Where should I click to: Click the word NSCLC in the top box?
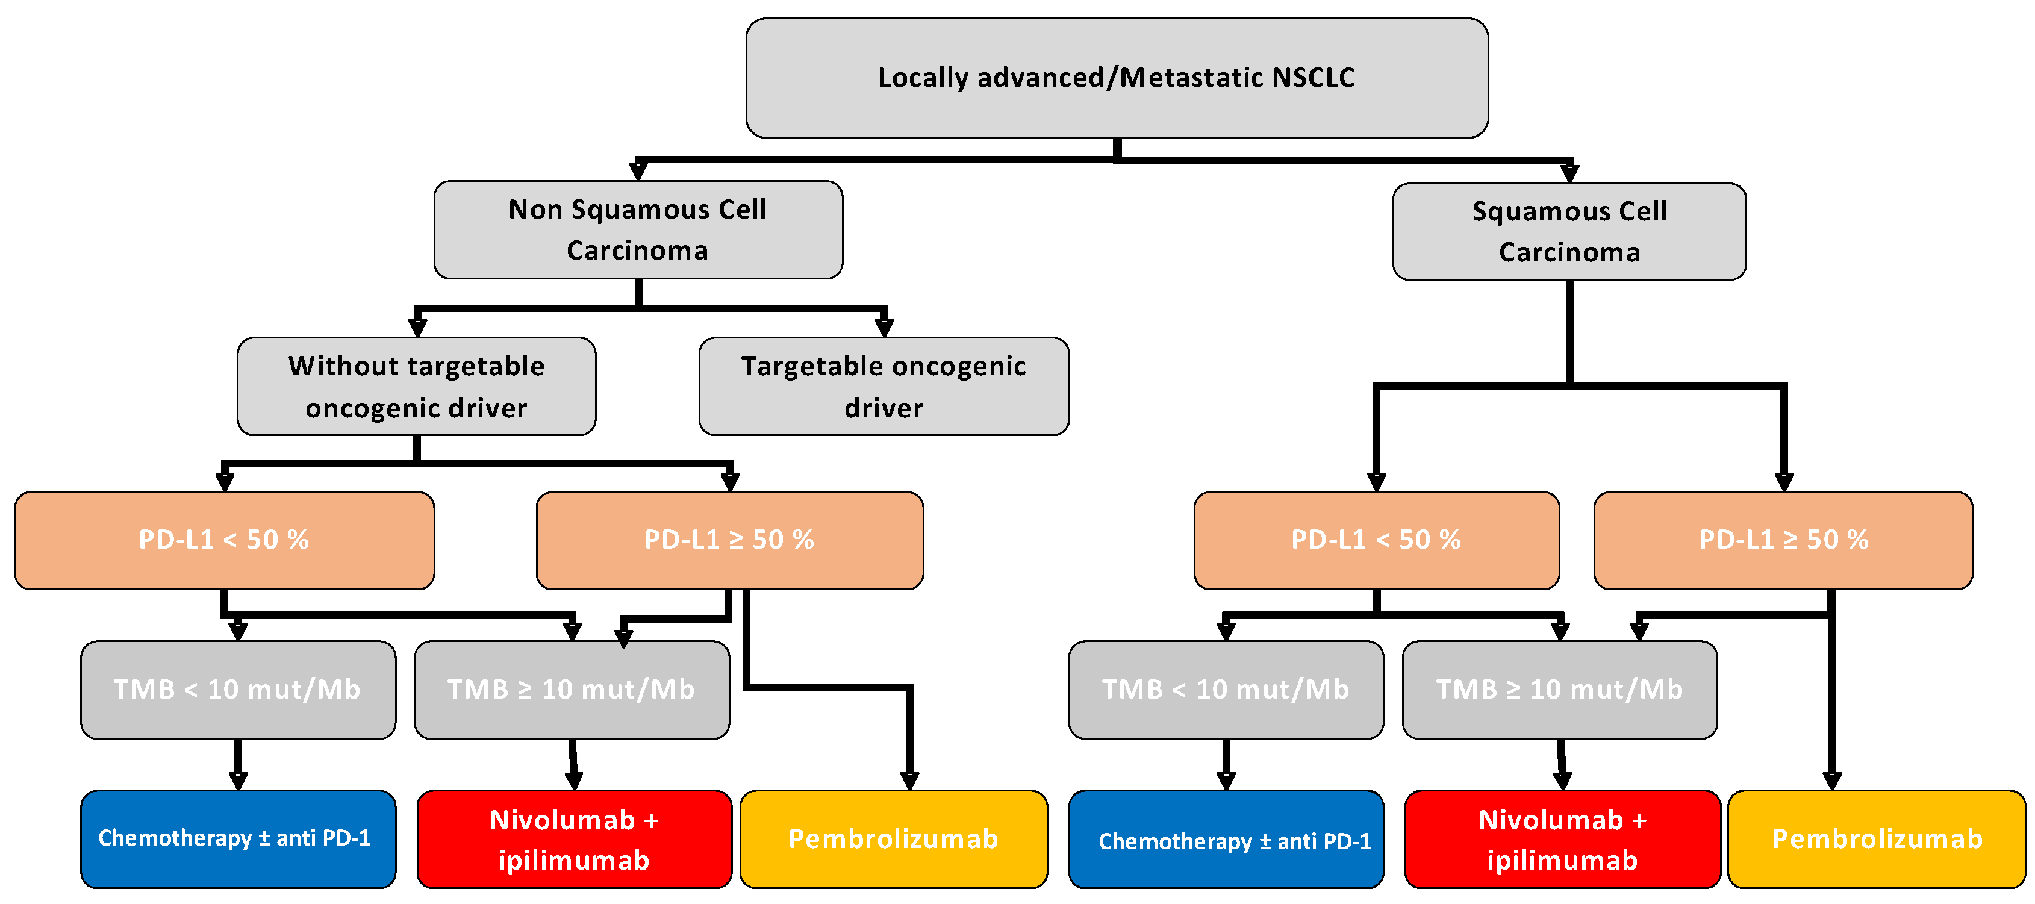1314,78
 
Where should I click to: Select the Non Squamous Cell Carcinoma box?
638,230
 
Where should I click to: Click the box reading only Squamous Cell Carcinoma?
1569,231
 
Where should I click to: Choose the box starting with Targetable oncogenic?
883,387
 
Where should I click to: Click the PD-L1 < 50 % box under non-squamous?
225,540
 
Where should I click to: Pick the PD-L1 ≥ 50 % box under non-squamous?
729,540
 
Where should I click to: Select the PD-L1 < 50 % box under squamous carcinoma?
1376,540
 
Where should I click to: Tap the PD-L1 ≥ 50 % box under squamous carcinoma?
1783,540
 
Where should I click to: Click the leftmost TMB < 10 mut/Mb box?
238,690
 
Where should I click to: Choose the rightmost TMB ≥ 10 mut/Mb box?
1559,690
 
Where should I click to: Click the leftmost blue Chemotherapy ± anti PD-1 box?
238,838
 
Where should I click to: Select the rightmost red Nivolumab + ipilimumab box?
1563,839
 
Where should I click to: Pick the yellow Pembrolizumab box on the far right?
1877,839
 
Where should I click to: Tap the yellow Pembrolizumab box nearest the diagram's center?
894,839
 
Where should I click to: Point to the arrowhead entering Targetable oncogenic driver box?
884,327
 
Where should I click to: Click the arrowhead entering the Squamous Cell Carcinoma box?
1569,173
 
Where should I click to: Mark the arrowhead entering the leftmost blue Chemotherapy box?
238,781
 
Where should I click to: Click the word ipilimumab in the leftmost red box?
575,861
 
